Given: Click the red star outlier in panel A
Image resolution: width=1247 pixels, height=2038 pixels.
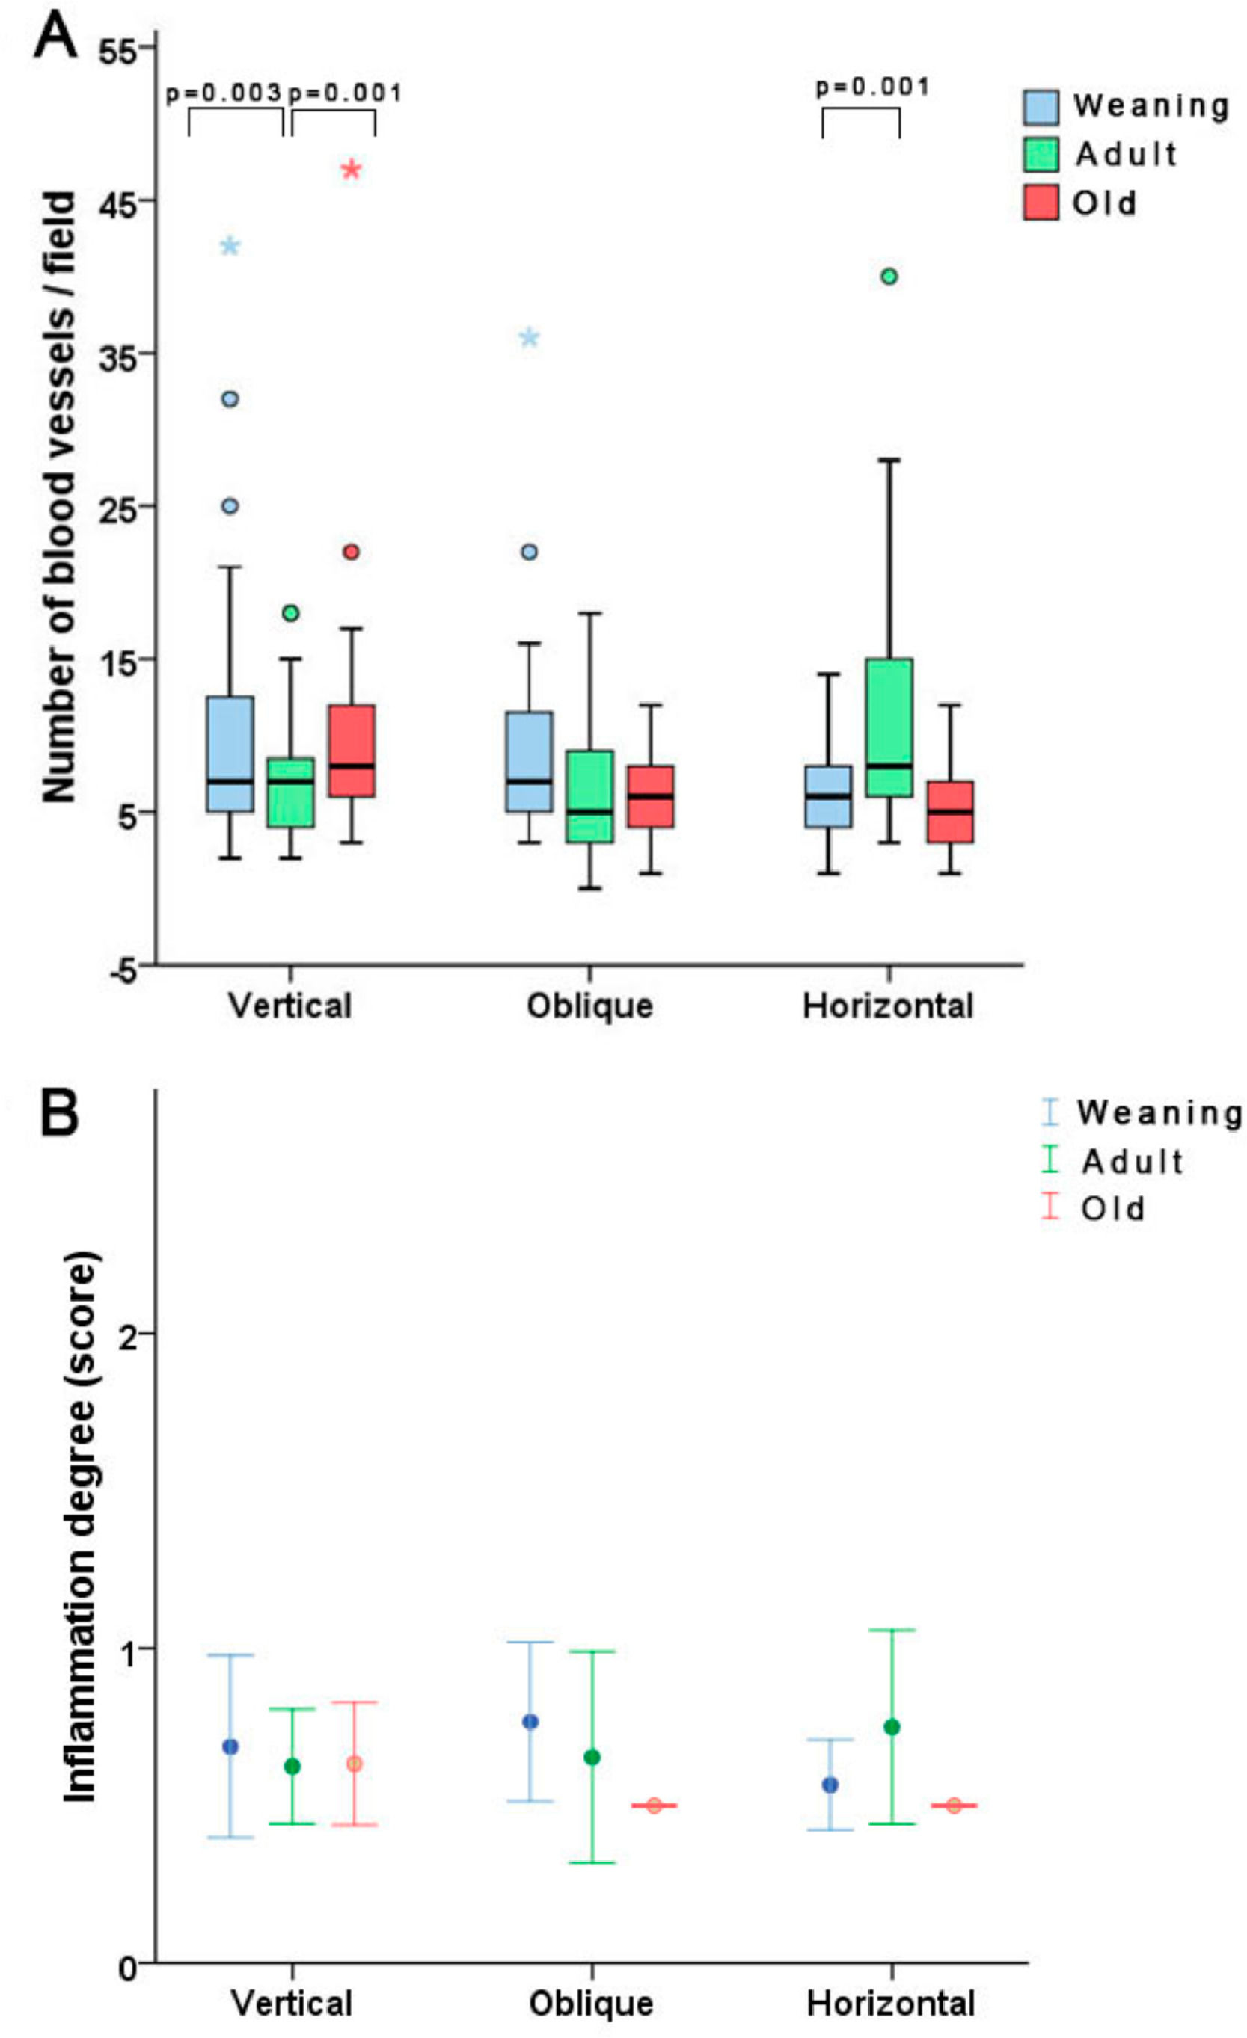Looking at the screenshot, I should point(351,170).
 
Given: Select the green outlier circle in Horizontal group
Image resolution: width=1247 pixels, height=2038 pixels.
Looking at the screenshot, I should point(889,277).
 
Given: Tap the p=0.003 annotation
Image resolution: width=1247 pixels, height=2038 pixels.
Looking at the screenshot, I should point(224,93).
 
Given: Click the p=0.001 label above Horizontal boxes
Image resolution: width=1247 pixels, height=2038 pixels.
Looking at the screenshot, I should point(873,87).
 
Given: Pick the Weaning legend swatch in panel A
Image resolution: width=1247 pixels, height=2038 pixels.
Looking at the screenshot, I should point(1040,106).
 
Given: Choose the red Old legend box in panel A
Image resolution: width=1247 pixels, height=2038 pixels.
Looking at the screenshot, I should point(1040,203).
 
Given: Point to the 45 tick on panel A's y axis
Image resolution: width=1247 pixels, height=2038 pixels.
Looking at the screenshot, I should point(118,201).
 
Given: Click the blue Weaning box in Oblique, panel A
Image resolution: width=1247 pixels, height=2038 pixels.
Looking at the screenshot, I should point(530,761).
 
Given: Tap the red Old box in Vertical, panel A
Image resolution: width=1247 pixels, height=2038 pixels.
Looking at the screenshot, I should point(351,750).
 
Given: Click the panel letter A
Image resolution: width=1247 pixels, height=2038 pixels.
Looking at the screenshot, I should point(55,39).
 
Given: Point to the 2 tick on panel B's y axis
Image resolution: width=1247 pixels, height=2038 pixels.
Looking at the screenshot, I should point(127,1334).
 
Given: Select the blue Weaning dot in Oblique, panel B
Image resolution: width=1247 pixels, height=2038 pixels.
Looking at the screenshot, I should point(530,1722).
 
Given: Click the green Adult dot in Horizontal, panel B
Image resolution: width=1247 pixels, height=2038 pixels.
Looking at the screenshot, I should point(891,1727).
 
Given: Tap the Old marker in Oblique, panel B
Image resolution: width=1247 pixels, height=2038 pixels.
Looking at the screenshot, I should point(654,1805).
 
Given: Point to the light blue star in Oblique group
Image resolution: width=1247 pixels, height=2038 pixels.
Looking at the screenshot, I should point(530,337).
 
